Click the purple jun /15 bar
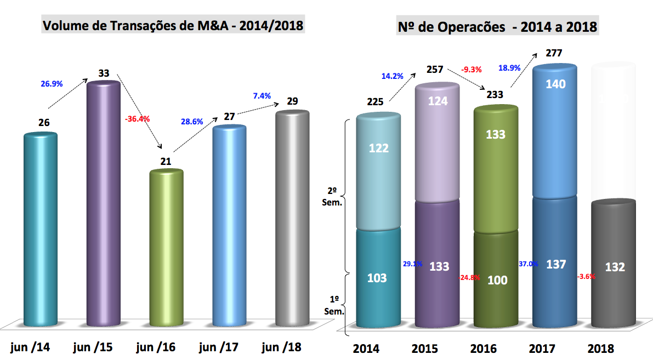pyautogui.click(x=104, y=203)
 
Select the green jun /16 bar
pyautogui.click(x=166, y=247)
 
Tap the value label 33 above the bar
pyautogui.click(x=104, y=73)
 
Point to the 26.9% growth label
pyautogui.click(x=52, y=84)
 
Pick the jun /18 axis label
pyautogui.click(x=282, y=347)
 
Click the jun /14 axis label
pyautogui.click(x=30, y=347)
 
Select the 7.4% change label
pyautogui.click(x=262, y=95)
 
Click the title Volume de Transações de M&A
pyautogui.click(x=173, y=25)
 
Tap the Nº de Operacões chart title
pyautogui.click(x=497, y=26)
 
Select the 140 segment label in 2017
pyautogui.click(x=555, y=84)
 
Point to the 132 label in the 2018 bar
pyautogui.click(x=614, y=267)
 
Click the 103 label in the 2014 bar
pyautogui.click(x=377, y=278)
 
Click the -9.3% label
pyautogui.click(x=472, y=70)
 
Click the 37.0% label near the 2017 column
pyautogui.click(x=528, y=264)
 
